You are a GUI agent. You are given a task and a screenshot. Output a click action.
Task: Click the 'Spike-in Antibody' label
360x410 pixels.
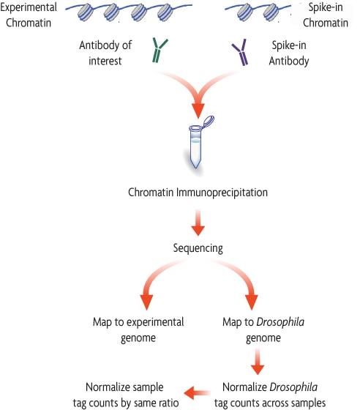[x=290, y=53]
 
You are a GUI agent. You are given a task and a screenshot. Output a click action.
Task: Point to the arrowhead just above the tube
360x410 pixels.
[x=197, y=110]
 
